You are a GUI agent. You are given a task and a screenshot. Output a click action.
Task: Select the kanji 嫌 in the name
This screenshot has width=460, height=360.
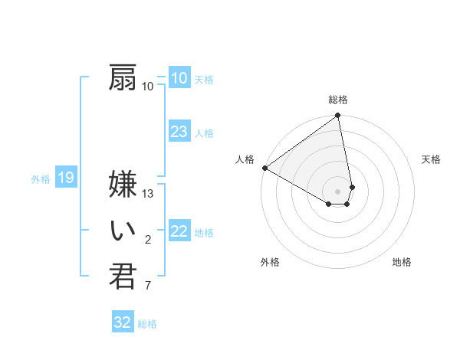[123, 185]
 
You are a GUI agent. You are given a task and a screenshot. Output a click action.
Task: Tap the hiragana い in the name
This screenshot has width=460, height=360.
[123, 231]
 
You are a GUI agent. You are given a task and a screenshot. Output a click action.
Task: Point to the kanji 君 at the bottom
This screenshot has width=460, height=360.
[123, 277]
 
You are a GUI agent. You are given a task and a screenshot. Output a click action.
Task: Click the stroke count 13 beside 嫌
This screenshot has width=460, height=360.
[148, 194]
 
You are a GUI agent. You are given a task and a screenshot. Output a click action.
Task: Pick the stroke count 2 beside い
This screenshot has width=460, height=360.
[148, 241]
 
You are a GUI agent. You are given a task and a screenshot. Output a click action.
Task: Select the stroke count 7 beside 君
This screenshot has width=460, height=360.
[148, 286]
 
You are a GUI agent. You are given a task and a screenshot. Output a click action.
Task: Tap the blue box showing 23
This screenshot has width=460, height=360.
[179, 132]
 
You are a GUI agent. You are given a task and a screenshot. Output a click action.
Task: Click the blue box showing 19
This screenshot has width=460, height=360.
[66, 178]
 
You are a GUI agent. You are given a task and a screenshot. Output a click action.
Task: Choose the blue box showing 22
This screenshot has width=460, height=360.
[179, 231]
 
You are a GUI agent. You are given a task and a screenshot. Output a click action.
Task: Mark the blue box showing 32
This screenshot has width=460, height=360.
[123, 322]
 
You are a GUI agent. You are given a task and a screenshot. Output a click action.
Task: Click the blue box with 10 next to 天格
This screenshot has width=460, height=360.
[179, 78]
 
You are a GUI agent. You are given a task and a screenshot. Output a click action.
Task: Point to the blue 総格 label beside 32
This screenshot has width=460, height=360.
[147, 324]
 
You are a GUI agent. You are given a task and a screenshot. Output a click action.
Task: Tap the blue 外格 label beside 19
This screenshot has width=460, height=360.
[41, 179]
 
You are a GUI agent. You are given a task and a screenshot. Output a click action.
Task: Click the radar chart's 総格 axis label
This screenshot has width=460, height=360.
[338, 100]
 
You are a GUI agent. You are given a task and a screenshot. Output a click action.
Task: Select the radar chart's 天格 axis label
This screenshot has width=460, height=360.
[432, 159]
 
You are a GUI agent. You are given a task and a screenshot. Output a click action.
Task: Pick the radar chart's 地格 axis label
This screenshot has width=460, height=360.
[402, 262]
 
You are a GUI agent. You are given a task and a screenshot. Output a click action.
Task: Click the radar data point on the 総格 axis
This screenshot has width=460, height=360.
[338, 116]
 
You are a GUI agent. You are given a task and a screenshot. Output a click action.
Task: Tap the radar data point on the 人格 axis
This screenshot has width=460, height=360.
[264, 168]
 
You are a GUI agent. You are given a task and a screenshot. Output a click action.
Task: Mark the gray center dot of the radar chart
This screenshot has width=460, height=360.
[338, 191]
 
